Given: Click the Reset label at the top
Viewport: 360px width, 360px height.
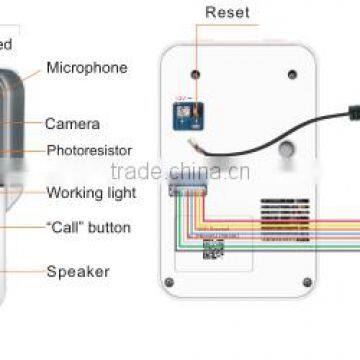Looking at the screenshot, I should [x=227, y=13].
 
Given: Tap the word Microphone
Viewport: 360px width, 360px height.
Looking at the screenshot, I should [x=87, y=68].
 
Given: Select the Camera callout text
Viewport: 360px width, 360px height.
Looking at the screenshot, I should [x=72, y=124].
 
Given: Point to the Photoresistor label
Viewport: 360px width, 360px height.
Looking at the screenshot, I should [x=89, y=150].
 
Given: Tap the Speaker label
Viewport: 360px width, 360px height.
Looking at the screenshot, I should [x=78, y=270].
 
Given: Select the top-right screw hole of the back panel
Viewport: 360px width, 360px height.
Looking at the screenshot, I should [x=292, y=75].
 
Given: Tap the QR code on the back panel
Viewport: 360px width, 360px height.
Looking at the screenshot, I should [x=212, y=248].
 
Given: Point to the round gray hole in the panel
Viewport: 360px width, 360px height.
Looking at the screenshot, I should [x=287, y=147].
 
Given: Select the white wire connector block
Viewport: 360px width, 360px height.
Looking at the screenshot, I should [x=187, y=189].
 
